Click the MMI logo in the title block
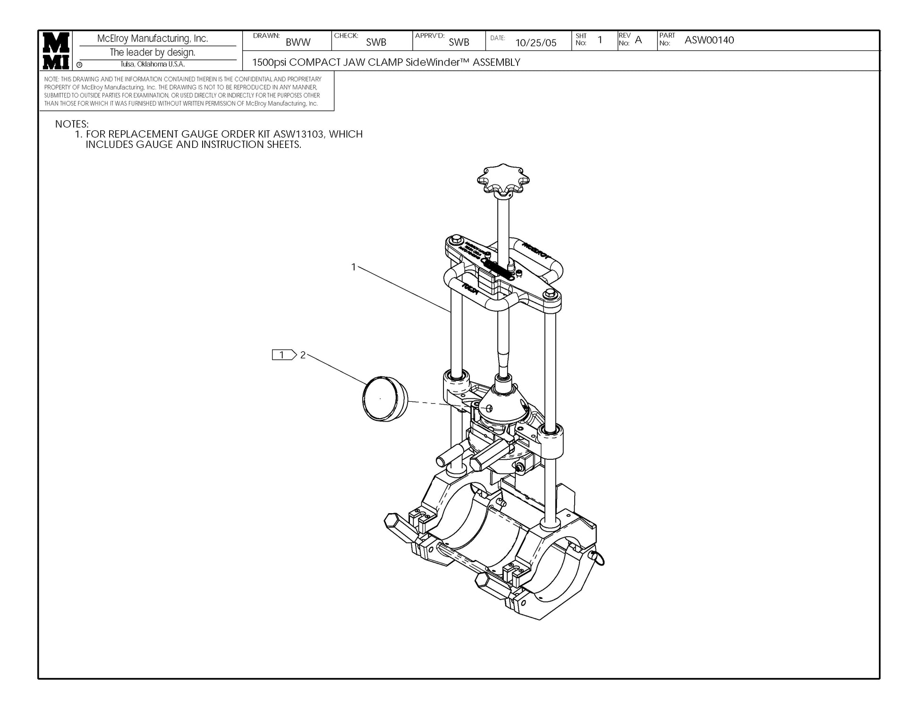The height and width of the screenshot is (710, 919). (x=56, y=51)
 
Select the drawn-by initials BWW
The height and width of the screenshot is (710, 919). (x=298, y=42)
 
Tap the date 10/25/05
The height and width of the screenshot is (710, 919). (x=536, y=43)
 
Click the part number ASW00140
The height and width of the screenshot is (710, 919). (x=709, y=40)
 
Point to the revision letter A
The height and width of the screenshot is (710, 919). (x=638, y=40)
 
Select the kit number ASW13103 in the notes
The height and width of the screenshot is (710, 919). (x=298, y=134)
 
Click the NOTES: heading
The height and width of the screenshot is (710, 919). (x=72, y=124)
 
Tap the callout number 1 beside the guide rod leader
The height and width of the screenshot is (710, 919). (x=353, y=267)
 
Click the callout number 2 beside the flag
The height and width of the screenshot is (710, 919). (x=303, y=355)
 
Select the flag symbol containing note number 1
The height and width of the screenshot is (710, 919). (x=283, y=355)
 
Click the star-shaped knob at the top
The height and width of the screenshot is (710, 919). (x=503, y=182)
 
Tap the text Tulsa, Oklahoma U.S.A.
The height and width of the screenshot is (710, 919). (x=153, y=64)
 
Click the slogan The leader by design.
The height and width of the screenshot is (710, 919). (x=153, y=52)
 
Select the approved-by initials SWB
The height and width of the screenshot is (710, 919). (x=459, y=42)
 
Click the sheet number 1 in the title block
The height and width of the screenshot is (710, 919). (x=600, y=40)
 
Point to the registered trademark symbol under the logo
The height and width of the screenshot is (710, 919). (x=79, y=65)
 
